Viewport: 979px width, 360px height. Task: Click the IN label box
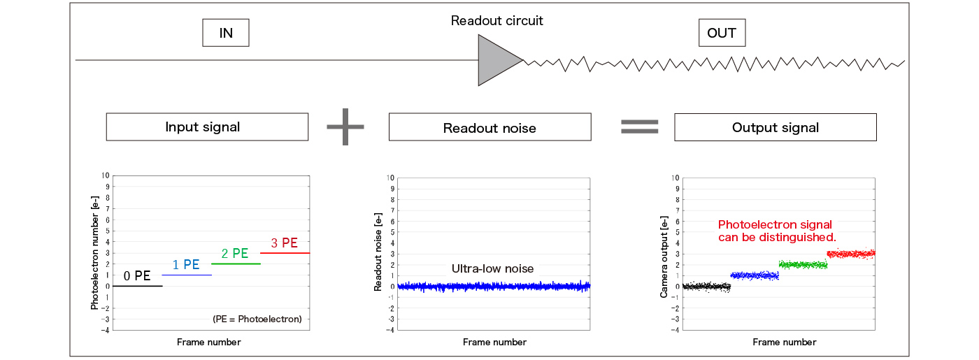225,33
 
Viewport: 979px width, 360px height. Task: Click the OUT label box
722,33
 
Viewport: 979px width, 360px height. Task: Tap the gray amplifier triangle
496,61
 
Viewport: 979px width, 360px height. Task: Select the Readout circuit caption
496,20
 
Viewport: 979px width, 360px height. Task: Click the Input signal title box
207,127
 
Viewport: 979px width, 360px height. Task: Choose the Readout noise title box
489,128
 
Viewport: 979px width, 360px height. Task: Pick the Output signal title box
775,127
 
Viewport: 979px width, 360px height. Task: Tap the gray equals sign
640,126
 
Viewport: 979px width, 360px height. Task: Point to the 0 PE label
137,276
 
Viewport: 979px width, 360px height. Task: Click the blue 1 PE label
186,265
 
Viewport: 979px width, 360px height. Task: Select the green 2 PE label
235,254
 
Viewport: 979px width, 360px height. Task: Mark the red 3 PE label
284,243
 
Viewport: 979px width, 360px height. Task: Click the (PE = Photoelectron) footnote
257,319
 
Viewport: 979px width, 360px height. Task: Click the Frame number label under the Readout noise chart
494,342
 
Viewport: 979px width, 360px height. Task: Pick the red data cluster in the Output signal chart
850,254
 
